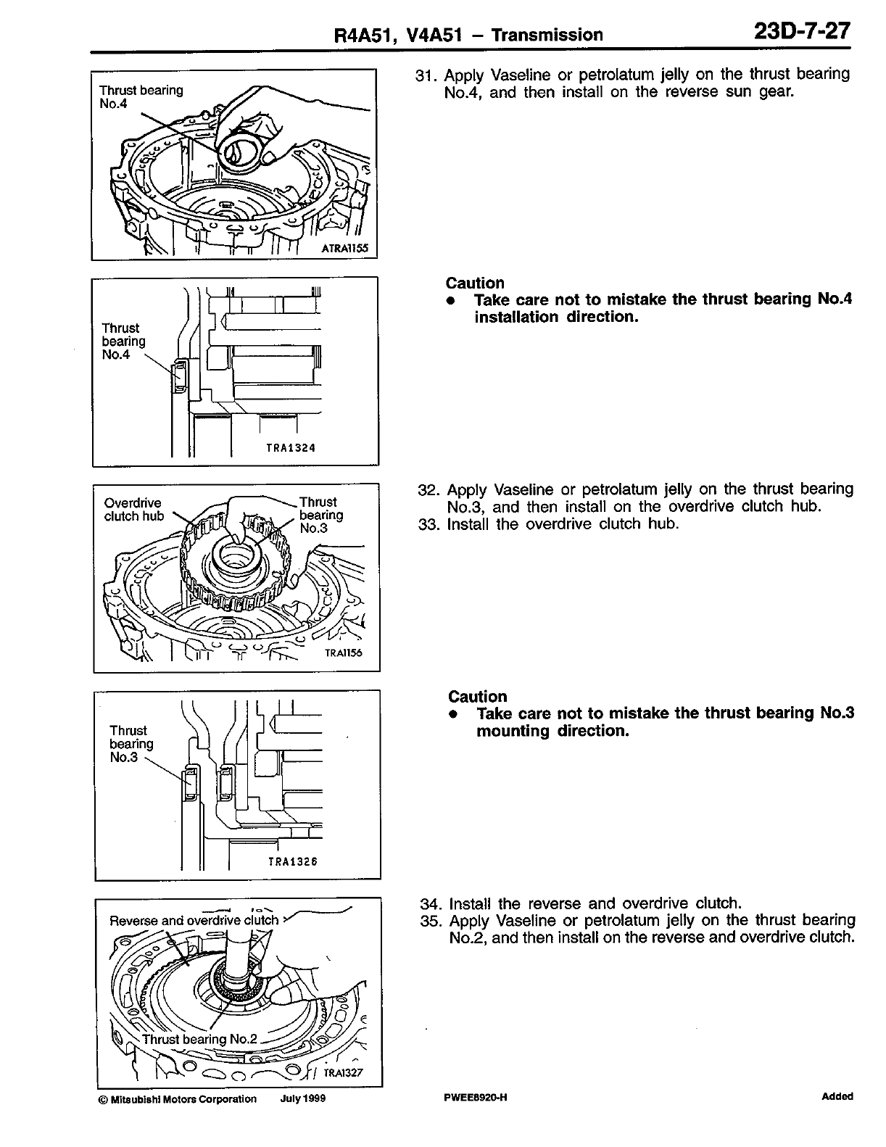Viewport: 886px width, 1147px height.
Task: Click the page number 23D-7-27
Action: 801,33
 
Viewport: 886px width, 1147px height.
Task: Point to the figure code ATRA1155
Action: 344,249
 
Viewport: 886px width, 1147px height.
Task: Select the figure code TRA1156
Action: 342,653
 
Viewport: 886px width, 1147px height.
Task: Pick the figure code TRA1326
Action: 293,862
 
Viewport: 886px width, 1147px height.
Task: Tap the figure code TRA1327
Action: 343,1073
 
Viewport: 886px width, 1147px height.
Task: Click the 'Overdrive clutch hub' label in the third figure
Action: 133,510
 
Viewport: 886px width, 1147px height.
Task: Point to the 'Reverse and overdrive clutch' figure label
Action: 194,921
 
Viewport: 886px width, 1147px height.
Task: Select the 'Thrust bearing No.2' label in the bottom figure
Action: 199,1039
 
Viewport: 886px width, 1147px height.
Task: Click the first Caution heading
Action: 475,283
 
